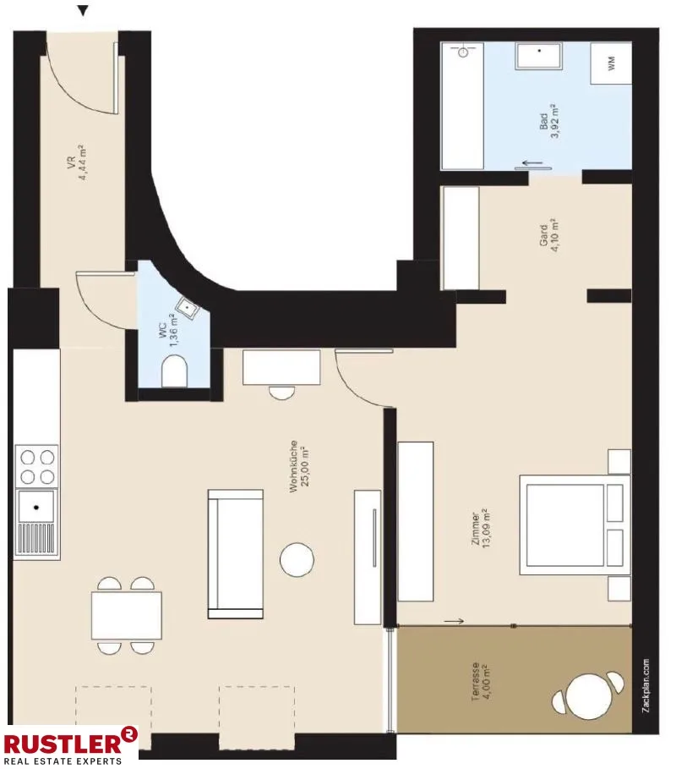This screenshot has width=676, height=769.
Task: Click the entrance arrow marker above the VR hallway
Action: pos(84,11)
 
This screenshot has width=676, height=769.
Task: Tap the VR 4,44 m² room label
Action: pos(76,162)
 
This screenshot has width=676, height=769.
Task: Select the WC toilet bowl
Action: pos(174,371)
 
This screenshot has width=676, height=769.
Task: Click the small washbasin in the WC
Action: pos(187,307)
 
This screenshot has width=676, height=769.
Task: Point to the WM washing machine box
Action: pos(610,63)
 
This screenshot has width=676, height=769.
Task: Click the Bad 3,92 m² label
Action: pos(549,121)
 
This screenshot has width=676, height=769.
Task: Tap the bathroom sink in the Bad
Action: pos(539,56)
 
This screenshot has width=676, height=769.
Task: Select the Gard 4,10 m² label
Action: pos(548,235)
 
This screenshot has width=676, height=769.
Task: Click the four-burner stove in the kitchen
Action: pos(36,466)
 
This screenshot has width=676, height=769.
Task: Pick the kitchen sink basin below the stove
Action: pos(36,507)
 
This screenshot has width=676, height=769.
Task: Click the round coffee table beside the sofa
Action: pos(297,559)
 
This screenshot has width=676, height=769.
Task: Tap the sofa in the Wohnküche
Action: pos(236,554)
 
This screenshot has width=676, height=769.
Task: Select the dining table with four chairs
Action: pos(127,616)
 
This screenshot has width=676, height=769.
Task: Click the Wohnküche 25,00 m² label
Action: pos(299,466)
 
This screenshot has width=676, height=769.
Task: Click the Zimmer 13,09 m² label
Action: pos(481,528)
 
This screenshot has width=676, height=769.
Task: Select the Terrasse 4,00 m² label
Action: pos(481,681)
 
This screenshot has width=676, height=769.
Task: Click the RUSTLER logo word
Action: pos(63,744)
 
